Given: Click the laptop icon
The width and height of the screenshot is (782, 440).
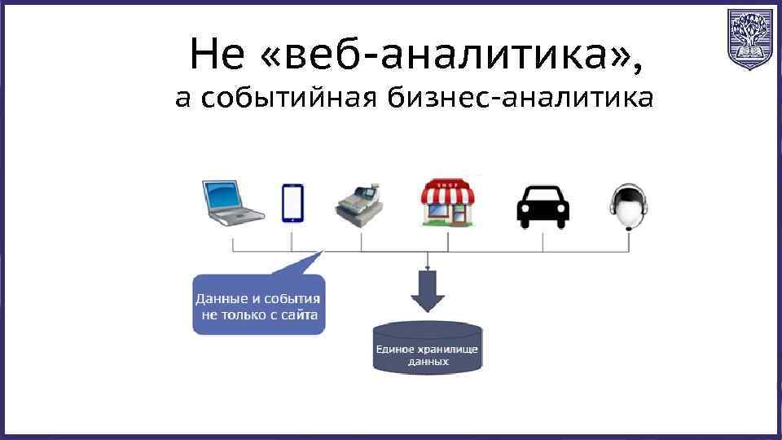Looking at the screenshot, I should (233, 200).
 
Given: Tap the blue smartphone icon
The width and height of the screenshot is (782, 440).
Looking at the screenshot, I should (292, 202).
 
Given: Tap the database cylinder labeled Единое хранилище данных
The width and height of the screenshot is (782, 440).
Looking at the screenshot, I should (428, 349).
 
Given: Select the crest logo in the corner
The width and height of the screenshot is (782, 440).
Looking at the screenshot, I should (749, 38).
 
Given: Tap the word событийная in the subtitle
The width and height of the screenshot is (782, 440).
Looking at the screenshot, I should (289, 99).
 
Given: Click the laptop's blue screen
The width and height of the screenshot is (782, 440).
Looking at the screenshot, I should (228, 196).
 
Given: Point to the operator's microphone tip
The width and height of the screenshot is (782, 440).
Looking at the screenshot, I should (628, 230).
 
